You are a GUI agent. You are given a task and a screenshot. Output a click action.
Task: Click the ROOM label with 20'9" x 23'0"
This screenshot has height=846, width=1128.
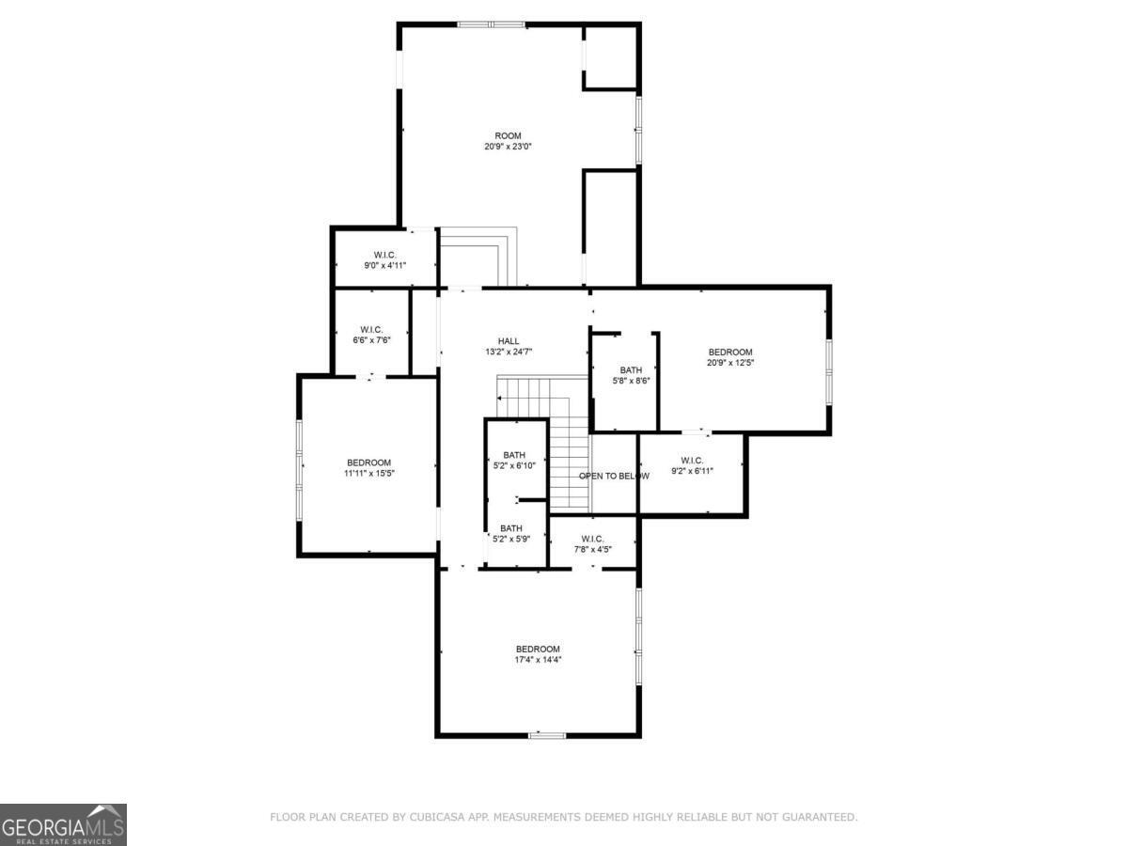coord(508,135)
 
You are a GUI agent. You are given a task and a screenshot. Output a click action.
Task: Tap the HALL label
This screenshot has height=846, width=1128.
coord(508,341)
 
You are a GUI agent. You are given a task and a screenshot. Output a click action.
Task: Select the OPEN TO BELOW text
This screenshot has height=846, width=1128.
coord(614,476)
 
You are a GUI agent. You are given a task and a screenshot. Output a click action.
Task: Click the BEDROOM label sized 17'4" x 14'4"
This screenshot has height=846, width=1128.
coord(538,649)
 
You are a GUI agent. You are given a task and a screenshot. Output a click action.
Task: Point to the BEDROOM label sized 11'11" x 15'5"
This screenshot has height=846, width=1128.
coord(368,462)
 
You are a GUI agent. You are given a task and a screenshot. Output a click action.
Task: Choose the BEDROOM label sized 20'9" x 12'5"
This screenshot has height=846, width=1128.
coord(730,352)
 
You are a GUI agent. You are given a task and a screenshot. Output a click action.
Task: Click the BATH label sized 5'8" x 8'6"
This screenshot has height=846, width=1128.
coord(631,370)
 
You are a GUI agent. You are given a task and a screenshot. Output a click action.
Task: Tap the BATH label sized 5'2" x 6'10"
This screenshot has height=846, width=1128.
coord(514,455)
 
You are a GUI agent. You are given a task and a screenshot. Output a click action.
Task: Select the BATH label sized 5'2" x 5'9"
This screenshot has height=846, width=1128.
coord(511,528)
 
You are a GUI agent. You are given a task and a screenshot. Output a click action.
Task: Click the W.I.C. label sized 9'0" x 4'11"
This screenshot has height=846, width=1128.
coord(384,255)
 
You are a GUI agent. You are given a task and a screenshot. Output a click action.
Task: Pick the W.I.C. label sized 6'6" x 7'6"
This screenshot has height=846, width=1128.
coord(370,329)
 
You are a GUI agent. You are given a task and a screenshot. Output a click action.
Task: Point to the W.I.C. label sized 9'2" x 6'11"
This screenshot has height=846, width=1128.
coord(691,461)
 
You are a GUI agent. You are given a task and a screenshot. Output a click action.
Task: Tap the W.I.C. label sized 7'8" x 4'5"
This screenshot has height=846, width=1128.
coord(592,539)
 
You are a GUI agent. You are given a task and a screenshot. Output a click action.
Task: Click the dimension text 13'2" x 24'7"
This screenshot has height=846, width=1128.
coord(509,352)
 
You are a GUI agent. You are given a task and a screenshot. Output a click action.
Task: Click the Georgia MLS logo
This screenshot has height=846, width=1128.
coord(63,824)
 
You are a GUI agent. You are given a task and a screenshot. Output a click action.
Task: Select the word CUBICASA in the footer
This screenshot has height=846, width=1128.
coord(434,818)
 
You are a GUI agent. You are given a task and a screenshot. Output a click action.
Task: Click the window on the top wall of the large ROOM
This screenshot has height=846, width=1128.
coord(491,24)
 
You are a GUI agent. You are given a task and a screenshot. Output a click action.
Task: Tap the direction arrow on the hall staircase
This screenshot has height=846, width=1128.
coord(499,398)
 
